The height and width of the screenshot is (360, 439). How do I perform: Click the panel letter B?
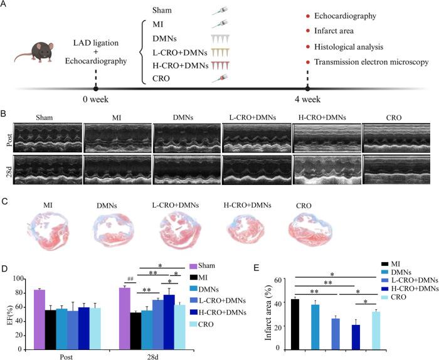(x=4, y=115)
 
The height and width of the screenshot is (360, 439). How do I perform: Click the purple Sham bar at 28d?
(x=124, y=309)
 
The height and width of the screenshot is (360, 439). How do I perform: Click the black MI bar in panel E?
(x=295, y=322)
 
